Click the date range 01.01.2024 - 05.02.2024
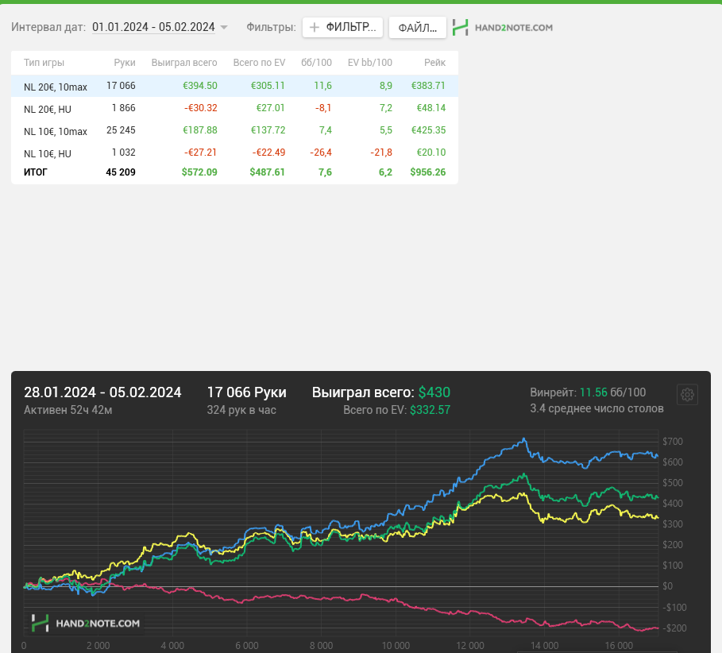(153, 27)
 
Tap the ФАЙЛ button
(418, 28)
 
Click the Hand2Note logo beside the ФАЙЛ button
(502, 28)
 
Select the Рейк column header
(434, 63)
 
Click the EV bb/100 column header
(370, 63)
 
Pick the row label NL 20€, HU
(48, 109)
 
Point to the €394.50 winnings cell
(200, 86)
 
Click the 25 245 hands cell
(121, 130)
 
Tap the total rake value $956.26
(428, 172)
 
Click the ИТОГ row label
(36, 172)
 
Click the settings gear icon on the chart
(688, 395)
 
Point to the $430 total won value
(434, 392)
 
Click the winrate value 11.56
(593, 392)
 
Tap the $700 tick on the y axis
(672, 442)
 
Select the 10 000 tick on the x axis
(396, 646)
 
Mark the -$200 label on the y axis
(674, 628)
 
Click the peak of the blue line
(524, 439)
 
